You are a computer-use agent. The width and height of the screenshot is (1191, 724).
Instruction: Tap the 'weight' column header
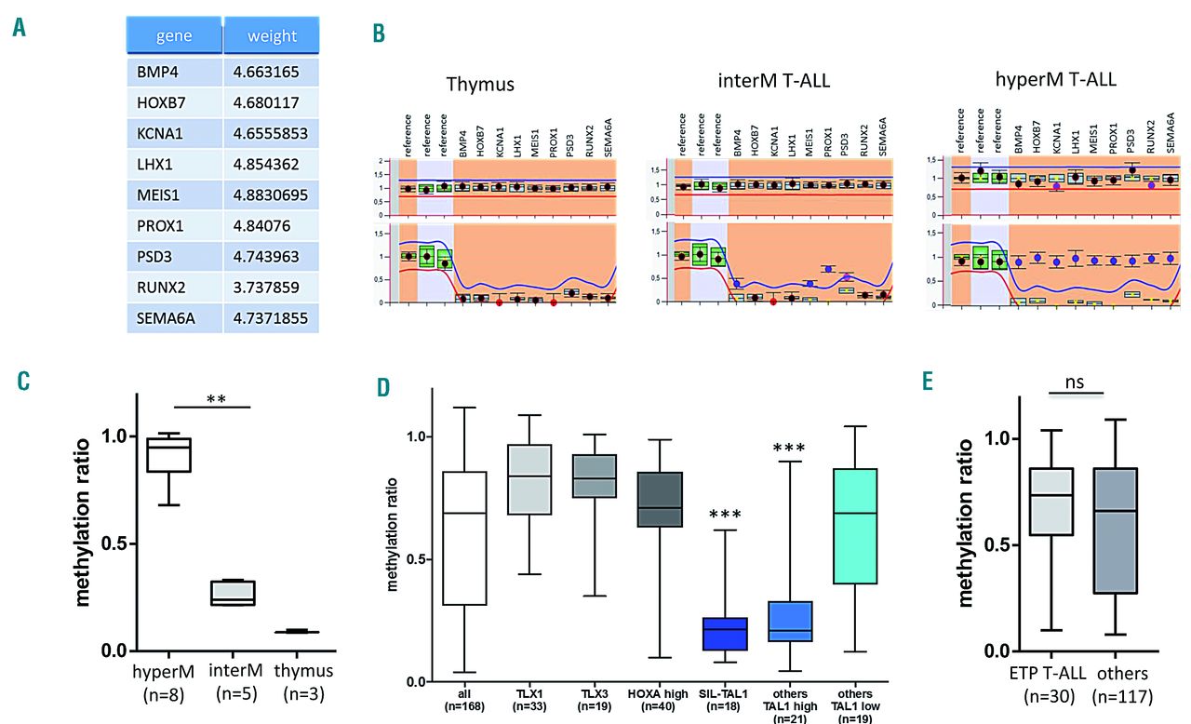(x=272, y=36)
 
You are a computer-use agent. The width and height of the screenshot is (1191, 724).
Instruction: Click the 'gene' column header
(x=174, y=36)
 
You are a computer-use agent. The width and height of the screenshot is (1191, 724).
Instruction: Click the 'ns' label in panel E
(x=1075, y=383)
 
